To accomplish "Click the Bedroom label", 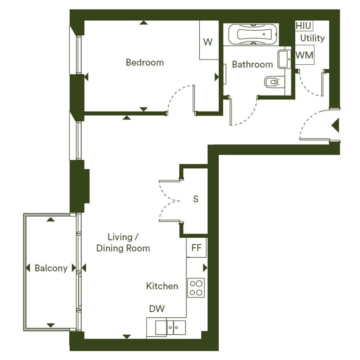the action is click(x=145, y=62).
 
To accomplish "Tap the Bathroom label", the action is click(x=252, y=64).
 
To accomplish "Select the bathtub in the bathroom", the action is click(x=251, y=34).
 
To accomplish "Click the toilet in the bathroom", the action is click(x=274, y=82).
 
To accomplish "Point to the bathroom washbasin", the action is click(x=284, y=59).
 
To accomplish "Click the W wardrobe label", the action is click(x=208, y=42).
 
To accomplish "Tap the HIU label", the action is click(x=303, y=26).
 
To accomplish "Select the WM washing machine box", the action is click(x=304, y=55).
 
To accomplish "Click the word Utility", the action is click(x=312, y=38).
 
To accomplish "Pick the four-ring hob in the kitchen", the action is click(x=196, y=288).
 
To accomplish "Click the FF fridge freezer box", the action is click(x=196, y=248).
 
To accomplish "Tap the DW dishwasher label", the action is click(x=157, y=309).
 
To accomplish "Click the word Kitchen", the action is click(x=162, y=286).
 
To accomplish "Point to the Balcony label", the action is click(x=51, y=268).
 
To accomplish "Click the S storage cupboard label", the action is click(x=195, y=199).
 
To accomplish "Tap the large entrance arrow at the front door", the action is click(x=336, y=125).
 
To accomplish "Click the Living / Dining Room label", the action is click(x=123, y=243).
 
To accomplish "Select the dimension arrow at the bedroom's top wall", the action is click(x=144, y=22).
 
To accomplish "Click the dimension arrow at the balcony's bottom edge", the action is click(x=51, y=325).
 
